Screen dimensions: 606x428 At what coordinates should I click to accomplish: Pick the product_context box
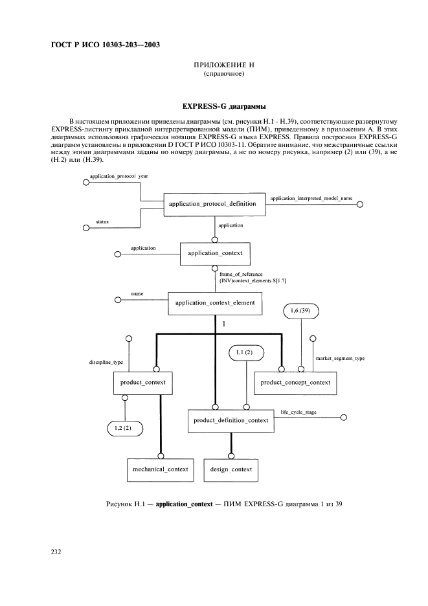(x=142, y=382)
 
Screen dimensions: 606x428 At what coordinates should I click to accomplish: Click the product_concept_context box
(x=295, y=383)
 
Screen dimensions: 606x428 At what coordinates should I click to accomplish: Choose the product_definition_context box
(x=231, y=420)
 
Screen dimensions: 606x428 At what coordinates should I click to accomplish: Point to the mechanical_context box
(x=160, y=469)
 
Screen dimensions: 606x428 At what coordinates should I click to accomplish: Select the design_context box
(x=231, y=469)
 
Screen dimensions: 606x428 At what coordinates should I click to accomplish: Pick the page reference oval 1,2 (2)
(x=124, y=427)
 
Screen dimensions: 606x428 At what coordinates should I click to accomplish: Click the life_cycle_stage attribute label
(x=298, y=412)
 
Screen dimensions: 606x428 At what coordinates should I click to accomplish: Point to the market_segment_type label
(x=340, y=358)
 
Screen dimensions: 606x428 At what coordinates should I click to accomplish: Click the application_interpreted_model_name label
(x=311, y=197)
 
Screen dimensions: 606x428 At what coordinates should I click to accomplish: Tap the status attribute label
(x=102, y=222)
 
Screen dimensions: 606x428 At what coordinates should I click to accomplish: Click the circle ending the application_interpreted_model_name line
(x=361, y=205)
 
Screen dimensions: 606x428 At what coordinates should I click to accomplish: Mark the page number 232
(x=56, y=552)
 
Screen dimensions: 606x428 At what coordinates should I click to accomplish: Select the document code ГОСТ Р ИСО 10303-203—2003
(x=105, y=45)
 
